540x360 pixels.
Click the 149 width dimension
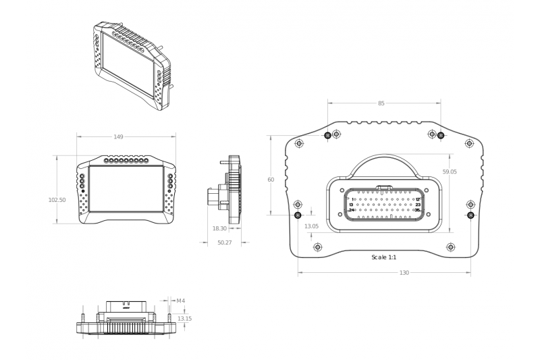pyautogui.click(x=118, y=136)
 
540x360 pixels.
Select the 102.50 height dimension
pyautogui.click(x=57, y=200)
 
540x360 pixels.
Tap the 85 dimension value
pyautogui.click(x=381, y=103)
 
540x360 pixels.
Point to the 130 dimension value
pyautogui.click(x=404, y=273)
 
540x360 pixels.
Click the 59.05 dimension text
pyautogui.click(x=450, y=172)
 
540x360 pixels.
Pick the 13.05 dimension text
pyautogui.click(x=311, y=226)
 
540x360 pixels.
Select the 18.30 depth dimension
pyautogui.click(x=219, y=228)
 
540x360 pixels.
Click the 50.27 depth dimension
pyautogui.click(x=225, y=242)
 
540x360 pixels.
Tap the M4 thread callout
pyautogui.click(x=181, y=301)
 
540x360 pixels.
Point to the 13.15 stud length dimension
pyautogui.click(x=184, y=319)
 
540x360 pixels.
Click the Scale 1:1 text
pyautogui.click(x=384, y=257)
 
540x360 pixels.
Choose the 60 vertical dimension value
pyautogui.click(x=271, y=180)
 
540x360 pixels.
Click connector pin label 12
pyautogui.click(x=418, y=199)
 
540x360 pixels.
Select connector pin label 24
pyautogui.click(x=352, y=210)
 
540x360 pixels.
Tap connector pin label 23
pyautogui.click(x=418, y=205)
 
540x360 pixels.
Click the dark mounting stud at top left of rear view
pyautogui.click(x=328, y=135)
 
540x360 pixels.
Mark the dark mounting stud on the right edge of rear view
pyautogui.click(x=470, y=215)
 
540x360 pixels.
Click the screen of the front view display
pyautogui.click(x=126, y=189)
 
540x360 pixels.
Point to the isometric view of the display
pyautogui.click(x=132, y=66)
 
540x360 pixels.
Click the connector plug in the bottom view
pyautogui.click(x=126, y=307)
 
